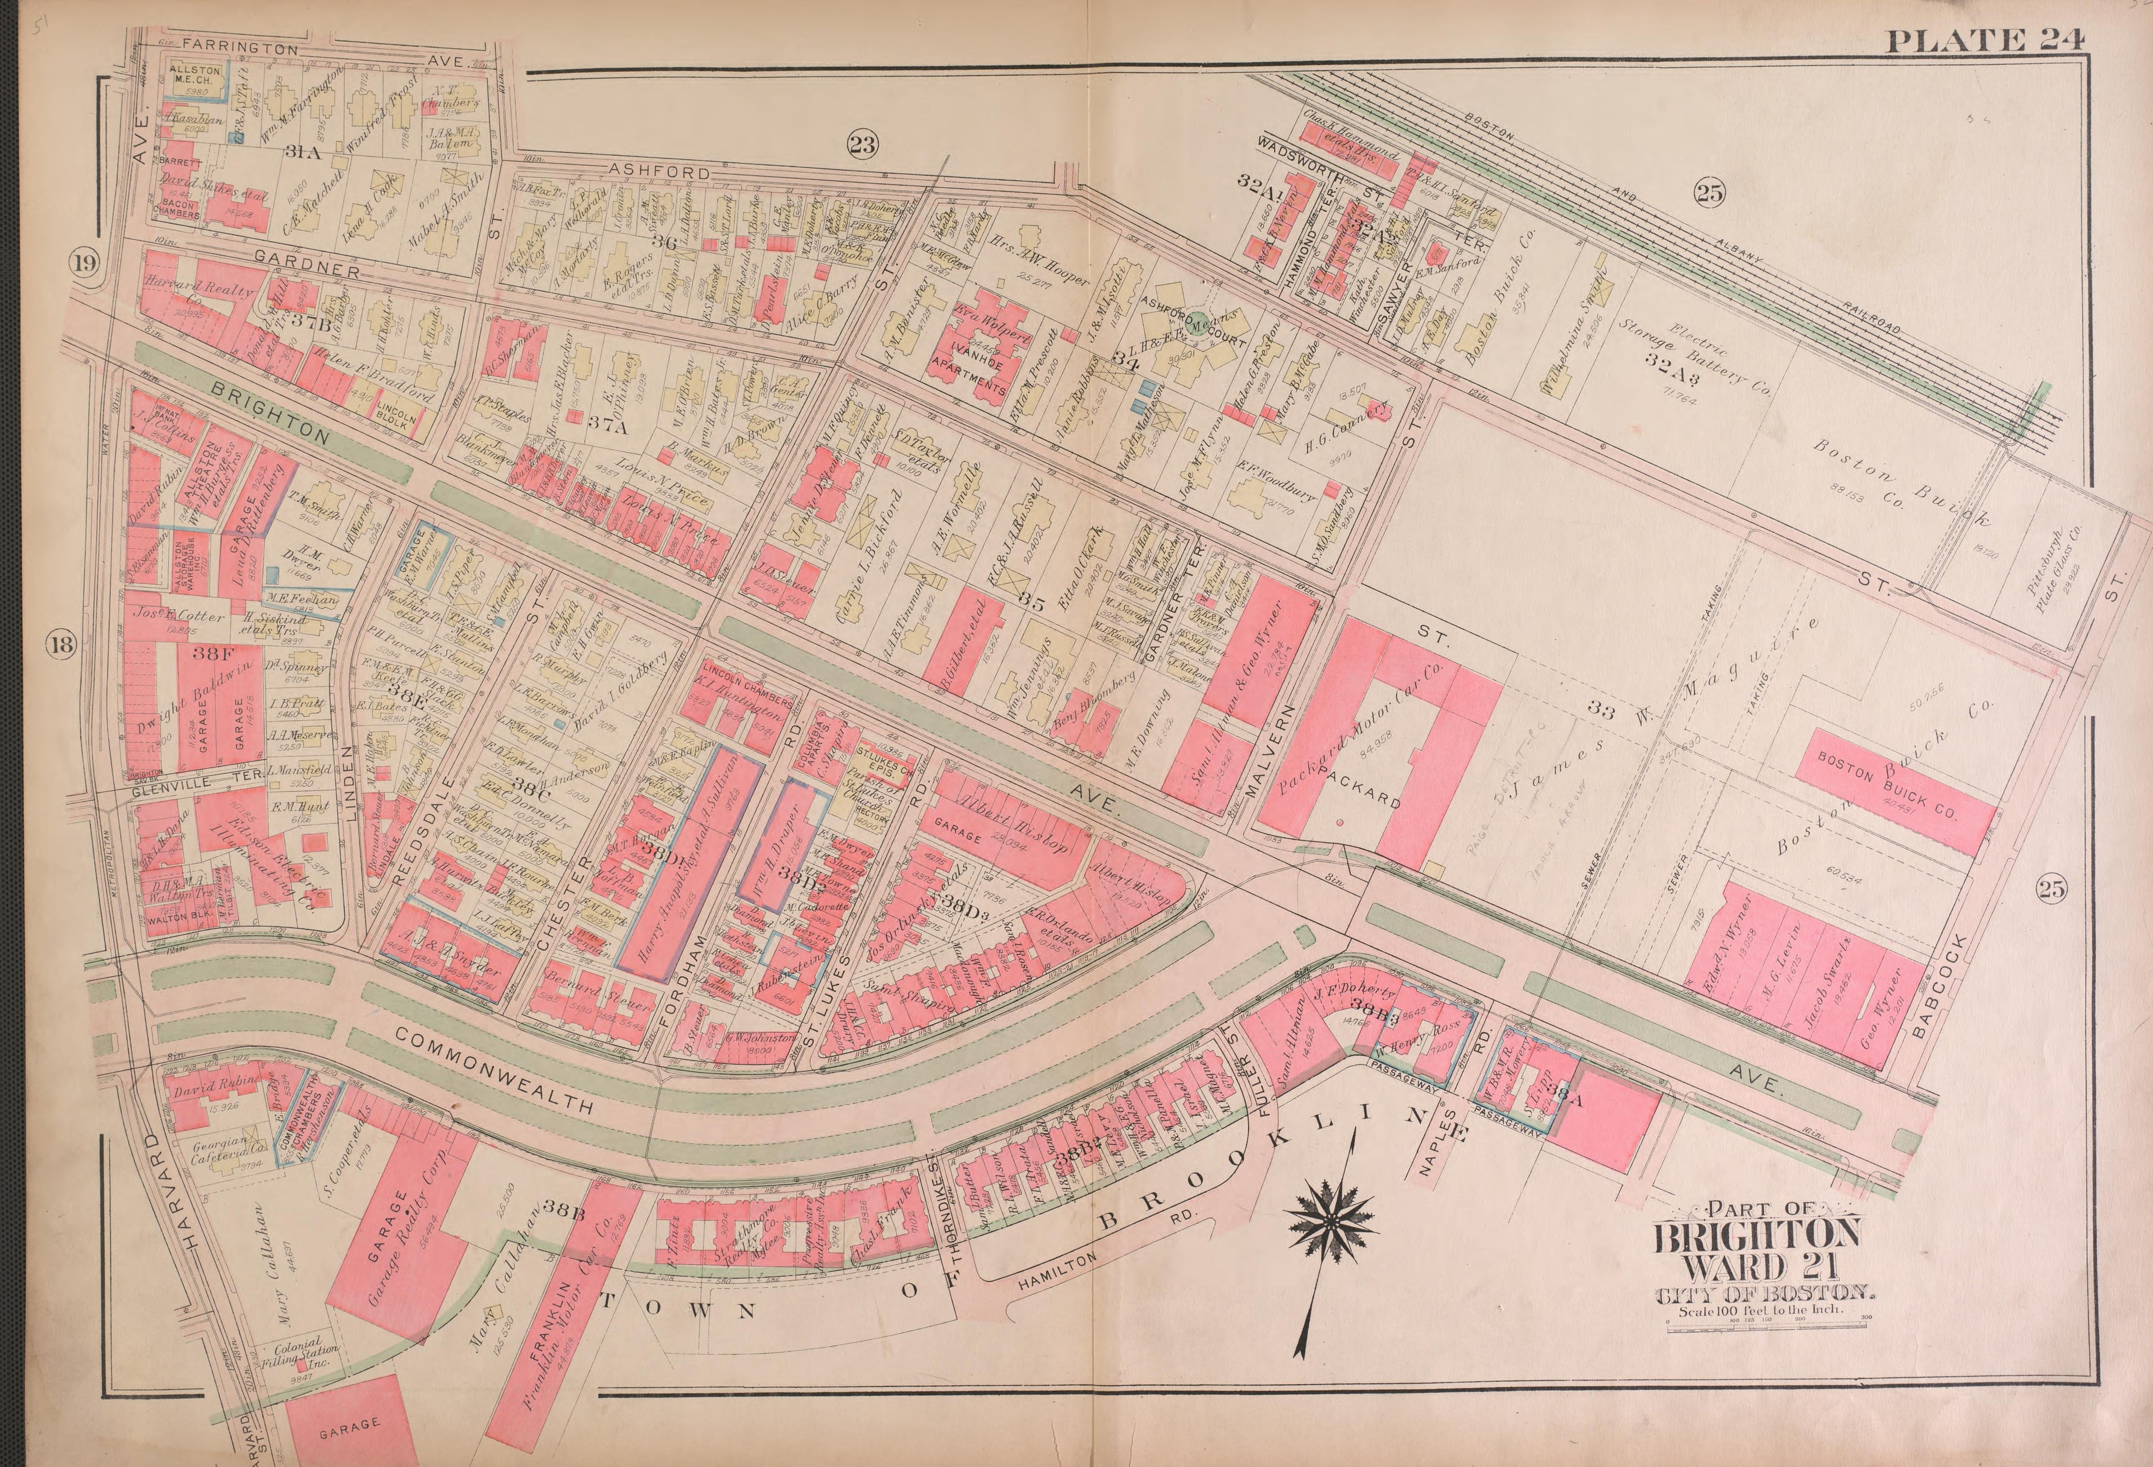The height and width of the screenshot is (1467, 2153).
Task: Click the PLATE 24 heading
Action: [1984, 40]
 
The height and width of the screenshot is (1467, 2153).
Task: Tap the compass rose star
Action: [1331, 1223]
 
